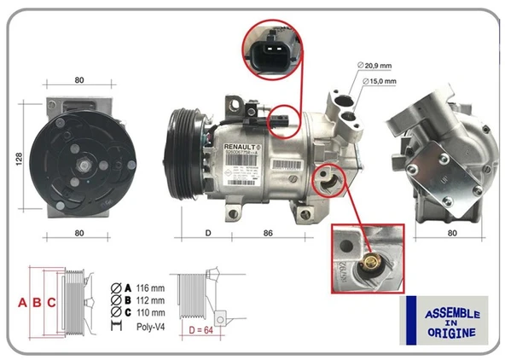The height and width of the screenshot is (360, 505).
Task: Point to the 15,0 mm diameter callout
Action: (380, 81)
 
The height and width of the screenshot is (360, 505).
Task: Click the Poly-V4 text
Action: (151, 326)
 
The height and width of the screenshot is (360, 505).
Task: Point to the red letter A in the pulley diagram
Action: (22, 302)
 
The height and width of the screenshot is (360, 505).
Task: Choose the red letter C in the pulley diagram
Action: (52, 302)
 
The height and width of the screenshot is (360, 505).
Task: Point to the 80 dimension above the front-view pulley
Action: (78, 81)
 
